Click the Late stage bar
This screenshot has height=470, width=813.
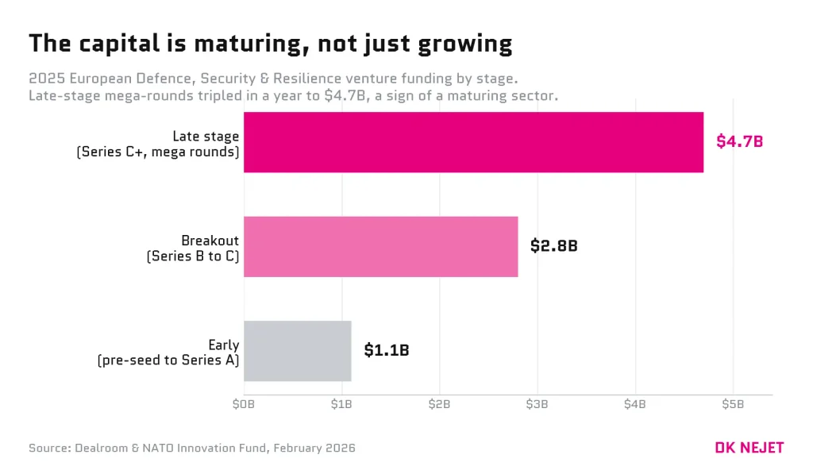(473, 142)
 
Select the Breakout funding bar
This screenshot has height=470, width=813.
(380, 246)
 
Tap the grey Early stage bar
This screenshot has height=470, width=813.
(298, 351)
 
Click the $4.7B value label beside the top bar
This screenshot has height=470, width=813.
(739, 141)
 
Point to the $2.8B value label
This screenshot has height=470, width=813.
(553, 245)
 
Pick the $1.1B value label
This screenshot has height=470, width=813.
(387, 350)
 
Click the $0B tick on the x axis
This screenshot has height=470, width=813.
(244, 404)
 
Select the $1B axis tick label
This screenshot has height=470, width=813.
(341, 404)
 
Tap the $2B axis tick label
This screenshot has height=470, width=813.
(439, 404)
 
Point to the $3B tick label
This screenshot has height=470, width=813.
(538, 404)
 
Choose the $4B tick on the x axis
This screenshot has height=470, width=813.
(634, 404)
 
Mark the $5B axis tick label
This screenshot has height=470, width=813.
(733, 404)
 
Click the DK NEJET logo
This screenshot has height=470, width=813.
(749, 448)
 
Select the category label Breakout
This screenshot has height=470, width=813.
(210, 241)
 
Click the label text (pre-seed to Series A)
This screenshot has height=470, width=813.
(168, 360)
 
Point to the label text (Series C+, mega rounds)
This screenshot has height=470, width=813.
(158, 152)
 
